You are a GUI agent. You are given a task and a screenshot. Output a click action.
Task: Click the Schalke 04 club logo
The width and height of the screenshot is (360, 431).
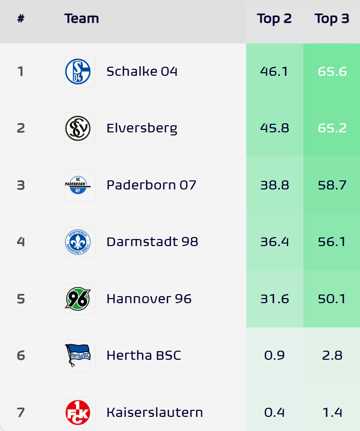click(79, 71)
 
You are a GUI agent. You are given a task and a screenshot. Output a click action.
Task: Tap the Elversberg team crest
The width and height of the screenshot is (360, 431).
click(79, 128)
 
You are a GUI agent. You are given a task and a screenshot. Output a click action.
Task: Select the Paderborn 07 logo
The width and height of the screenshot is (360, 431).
click(79, 185)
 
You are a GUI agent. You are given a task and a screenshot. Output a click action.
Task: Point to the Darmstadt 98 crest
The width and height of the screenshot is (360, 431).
click(79, 242)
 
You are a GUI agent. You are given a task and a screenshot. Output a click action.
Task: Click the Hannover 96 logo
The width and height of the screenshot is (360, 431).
click(79, 299)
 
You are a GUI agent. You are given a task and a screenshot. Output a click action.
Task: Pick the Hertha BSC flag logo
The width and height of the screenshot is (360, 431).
click(79, 355)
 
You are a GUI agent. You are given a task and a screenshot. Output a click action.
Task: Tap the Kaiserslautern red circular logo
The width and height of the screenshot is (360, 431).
click(79, 412)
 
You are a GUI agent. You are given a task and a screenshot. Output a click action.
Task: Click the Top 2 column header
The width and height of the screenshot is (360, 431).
click(274, 19)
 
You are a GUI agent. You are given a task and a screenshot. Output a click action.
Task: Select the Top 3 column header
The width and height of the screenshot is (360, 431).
click(332, 19)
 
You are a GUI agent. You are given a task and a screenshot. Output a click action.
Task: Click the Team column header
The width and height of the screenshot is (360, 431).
click(81, 19)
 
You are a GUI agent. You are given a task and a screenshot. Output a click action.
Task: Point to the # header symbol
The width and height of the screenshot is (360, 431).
click(21, 19)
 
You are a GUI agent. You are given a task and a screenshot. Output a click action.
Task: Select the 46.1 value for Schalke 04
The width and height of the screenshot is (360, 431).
click(274, 71)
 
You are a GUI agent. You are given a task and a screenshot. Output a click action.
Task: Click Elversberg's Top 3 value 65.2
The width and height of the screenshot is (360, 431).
click(332, 128)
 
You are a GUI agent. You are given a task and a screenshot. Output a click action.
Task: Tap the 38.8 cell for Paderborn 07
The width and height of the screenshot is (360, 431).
click(274, 185)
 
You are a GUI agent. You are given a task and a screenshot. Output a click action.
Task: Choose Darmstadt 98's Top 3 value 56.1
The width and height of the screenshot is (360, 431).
click(332, 242)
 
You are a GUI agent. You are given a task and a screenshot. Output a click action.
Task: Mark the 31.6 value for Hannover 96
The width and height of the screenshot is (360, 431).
click(274, 299)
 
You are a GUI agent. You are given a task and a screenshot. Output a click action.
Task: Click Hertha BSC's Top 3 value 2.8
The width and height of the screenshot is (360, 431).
click(332, 355)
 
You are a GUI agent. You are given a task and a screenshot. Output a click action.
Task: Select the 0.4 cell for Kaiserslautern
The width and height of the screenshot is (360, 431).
click(274, 412)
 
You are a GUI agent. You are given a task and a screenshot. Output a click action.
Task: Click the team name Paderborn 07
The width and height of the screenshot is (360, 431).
click(151, 185)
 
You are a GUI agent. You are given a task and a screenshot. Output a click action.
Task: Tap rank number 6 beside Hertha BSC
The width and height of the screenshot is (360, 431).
click(21, 355)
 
